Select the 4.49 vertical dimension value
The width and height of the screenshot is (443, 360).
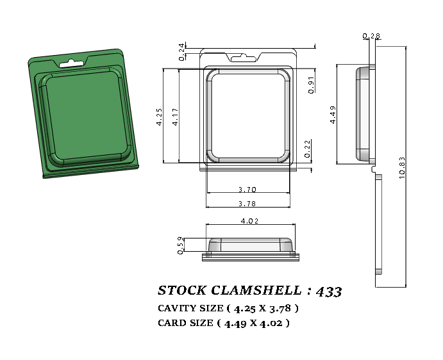coord(333,113)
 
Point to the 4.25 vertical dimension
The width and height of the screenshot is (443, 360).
coord(160,116)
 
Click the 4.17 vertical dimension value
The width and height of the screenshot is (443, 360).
coord(176,116)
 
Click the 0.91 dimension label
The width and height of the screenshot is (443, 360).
coord(311,85)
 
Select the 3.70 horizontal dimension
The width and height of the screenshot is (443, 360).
coord(247,190)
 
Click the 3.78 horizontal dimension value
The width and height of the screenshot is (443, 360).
coord(247,204)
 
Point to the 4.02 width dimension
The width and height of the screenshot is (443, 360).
coord(249,221)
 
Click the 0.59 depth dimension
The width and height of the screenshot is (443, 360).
coord(181,245)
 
